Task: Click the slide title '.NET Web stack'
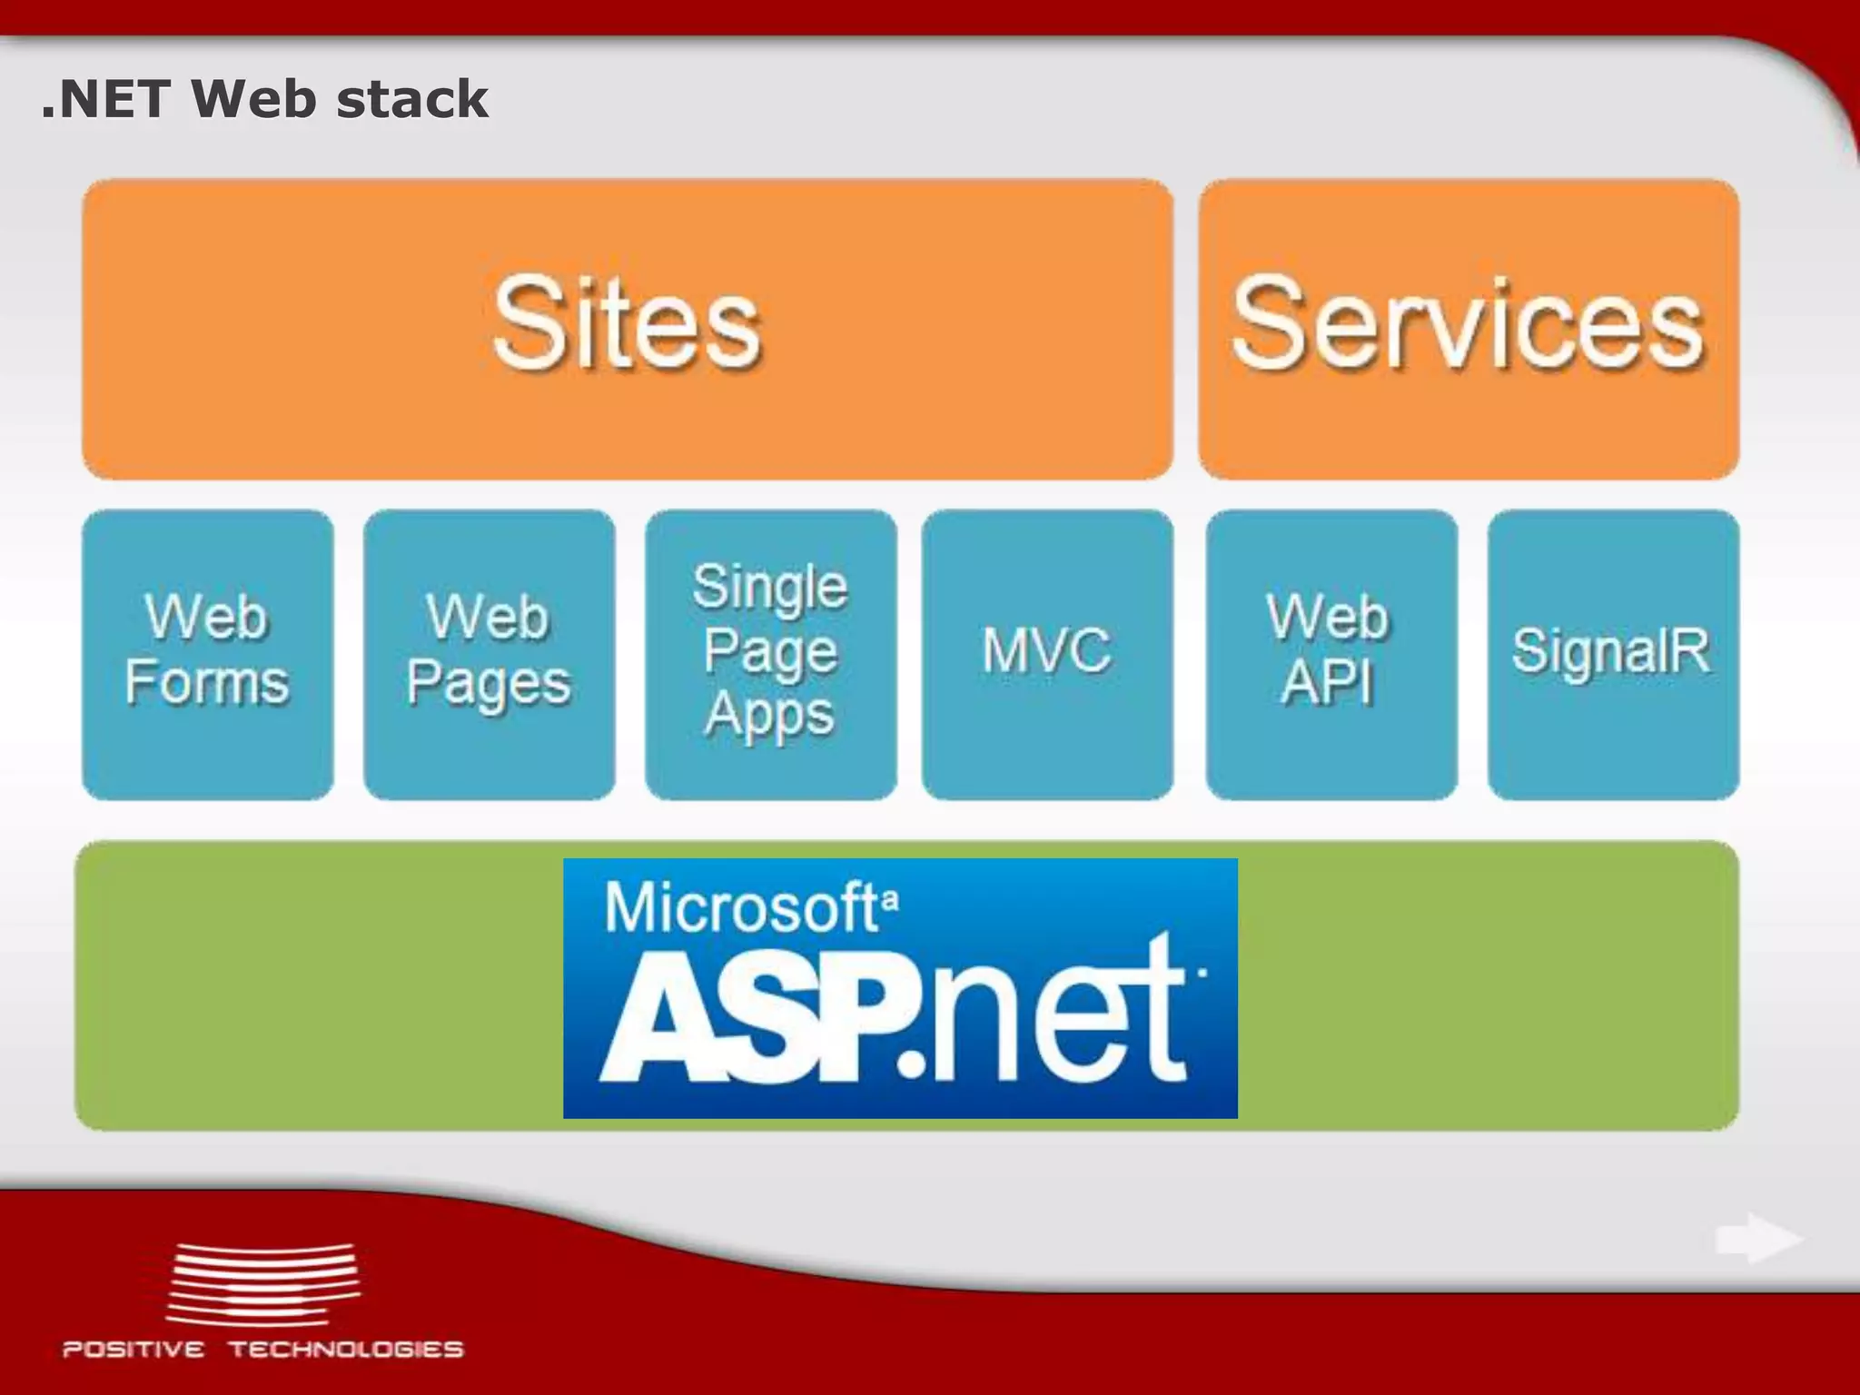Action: coord(264,99)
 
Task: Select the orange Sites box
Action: coord(627,329)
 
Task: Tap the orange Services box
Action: coord(1468,329)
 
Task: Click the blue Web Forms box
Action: coord(208,654)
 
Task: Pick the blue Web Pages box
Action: coord(489,654)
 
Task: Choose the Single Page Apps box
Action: coord(770,654)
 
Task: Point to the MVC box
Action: coord(1047,654)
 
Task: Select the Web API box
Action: coord(1331,654)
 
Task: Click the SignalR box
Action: coord(1613,654)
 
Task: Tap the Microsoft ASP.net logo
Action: coord(899,988)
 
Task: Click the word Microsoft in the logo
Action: coord(740,907)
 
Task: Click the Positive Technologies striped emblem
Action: coord(263,1284)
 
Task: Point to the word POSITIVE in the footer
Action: coord(134,1349)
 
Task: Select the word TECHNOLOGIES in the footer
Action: coord(346,1349)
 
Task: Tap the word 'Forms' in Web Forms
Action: coord(208,683)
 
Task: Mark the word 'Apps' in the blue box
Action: coord(769,716)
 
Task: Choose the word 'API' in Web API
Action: coord(1327,683)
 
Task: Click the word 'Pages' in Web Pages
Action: coord(489,685)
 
